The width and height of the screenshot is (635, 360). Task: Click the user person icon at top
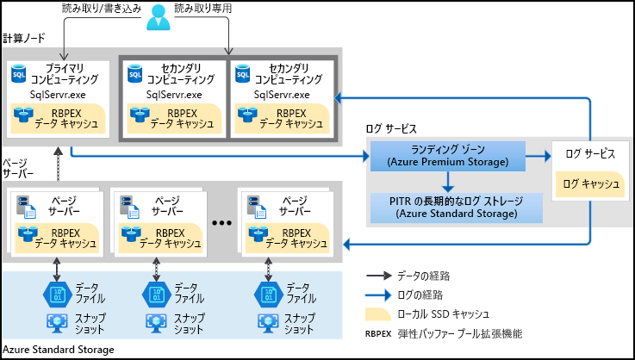(157, 15)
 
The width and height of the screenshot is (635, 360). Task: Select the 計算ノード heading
(24, 40)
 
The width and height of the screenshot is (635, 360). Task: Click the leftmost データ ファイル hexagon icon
(56, 294)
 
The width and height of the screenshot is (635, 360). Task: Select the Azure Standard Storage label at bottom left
(58, 350)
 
